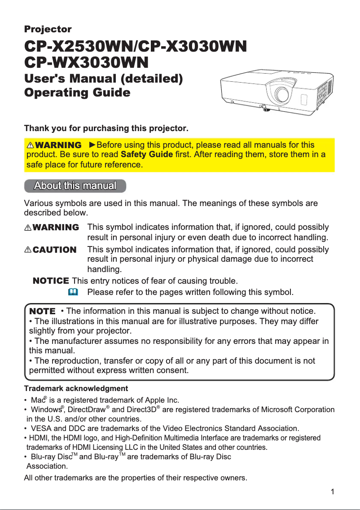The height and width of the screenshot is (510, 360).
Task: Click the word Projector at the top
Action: (48, 30)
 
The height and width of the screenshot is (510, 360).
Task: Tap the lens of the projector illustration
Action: (282, 94)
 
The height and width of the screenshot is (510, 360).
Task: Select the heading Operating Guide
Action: (77, 93)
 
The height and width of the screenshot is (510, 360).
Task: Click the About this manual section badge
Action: (75, 185)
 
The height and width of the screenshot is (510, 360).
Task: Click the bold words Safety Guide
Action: (147, 155)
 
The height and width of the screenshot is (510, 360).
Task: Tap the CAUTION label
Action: (51, 250)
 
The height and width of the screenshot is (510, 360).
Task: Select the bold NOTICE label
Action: (51, 281)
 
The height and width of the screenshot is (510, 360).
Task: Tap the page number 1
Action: (332, 492)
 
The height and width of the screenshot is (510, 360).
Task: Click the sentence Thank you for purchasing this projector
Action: (106, 129)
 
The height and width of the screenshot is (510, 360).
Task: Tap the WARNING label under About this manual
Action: (52, 228)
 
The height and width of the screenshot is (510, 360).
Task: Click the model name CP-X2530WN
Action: (79, 46)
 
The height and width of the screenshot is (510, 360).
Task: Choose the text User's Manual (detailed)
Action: (103, 79)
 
